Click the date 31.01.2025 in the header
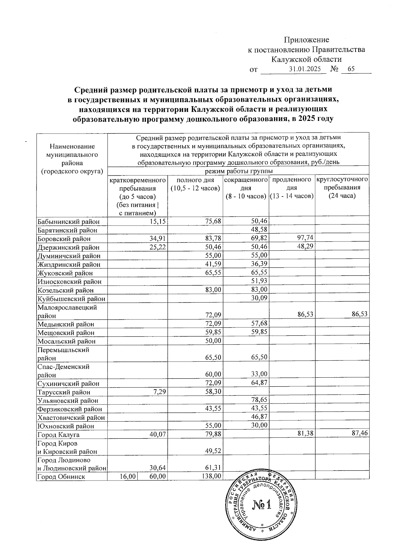click(x=304, y=69)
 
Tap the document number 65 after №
click(x=351, y=69)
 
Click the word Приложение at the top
click(x=306, y=40)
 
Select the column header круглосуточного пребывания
click(x=342, y=188)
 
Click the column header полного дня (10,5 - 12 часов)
click(x=195, y=184)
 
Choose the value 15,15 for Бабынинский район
click(x=158, y=222)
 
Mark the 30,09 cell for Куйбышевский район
click(x=259, y=298)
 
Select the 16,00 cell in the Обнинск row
click(x=128, y=477)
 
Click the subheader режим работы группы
click(x=238, y=171)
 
